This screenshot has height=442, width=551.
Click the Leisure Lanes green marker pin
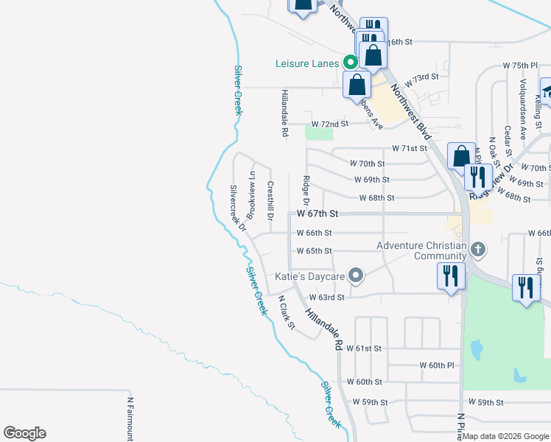pos(352,63)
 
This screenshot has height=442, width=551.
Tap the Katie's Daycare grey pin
pos(357,277)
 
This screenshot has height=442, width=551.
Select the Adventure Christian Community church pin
pos(478,249)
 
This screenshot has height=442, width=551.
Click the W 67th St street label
pos(317,214)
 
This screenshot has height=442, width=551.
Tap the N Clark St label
pos(286,313)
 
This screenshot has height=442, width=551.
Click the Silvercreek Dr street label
pos(237,208)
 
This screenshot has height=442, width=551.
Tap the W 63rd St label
pos(327,298)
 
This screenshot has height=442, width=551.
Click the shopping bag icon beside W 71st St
pos(461,156)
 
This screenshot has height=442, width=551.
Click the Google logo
pos(24,433)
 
